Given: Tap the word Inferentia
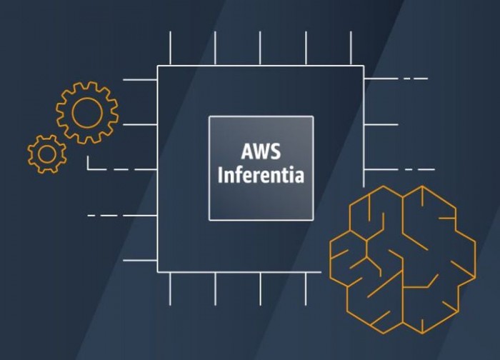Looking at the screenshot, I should pyautogui.click(x=261, y=175).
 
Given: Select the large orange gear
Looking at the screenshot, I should pyautogui.click(x=87, y=112).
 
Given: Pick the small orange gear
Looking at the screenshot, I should pyautogui.click(x=47, y=154).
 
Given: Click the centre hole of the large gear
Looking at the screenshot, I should pyautogui.click(x=87, y=112).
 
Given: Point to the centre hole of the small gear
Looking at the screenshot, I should pyautogui.click(x=47, y=154).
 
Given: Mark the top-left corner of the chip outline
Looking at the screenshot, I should pyautogui.click(x=158, y=66).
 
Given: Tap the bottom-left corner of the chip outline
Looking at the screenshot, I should pyautogui.click(x=158, y=271).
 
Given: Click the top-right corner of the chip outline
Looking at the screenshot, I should pyautogui.click(x=364, y=66).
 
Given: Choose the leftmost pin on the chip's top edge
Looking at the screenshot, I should pyautogui.click(x=170, y=49).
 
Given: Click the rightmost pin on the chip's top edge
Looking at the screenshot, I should pyautogui.click(x=351, y=49).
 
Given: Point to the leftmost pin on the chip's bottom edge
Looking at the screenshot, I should pyautogui.click(x=170, y=289).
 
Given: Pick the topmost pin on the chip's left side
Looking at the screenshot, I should pyautogui.click(x=140, y=79).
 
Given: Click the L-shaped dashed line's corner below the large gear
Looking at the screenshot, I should pyautogui.click(x=88, y=169).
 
